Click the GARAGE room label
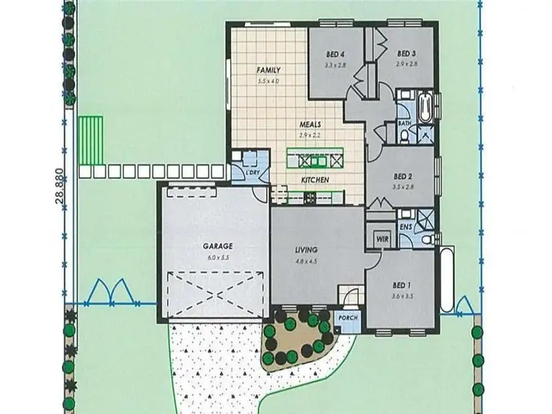click(x=219, y=246)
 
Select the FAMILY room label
click(x=268, y=70)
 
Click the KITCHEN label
click(x=314, y=179)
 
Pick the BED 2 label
click(x=401, y=176)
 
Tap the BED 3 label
click(x=407, y=53)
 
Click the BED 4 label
click(x=336, y=53)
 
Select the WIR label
click(x=381, y=239)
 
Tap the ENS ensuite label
click(x=406, y=228)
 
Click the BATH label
click(x=403, y=124)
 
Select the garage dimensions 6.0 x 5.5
click(x=219, y=257)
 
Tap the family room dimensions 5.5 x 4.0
click(x=268, y=80)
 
